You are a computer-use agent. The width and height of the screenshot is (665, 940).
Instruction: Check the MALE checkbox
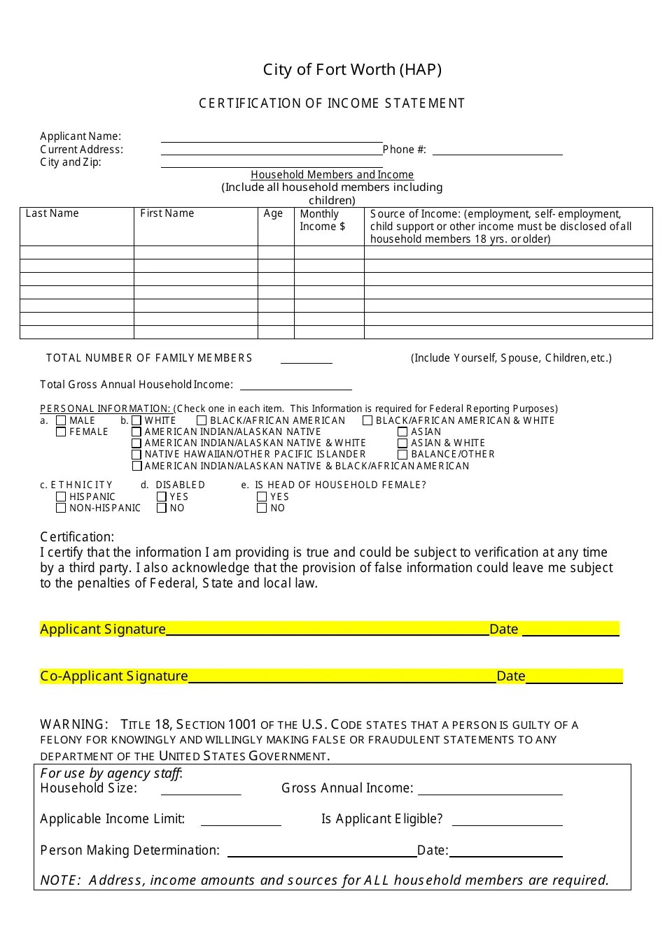point(61,420)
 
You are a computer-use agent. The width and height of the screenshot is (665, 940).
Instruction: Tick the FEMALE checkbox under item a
point(61,432)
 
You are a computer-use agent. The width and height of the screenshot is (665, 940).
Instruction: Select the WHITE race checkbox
point(136,420)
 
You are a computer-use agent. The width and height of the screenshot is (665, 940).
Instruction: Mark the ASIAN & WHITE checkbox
point(402,443)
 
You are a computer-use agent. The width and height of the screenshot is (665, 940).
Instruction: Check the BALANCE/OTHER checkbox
point(402,455)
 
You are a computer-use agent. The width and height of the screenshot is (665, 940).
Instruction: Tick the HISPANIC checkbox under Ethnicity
point(61,497)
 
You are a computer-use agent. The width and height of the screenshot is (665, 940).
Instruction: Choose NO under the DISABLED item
point(162,508)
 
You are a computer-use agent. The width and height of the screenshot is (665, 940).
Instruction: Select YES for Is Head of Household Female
point(262,497)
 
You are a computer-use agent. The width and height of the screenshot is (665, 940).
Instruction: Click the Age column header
point(273,214)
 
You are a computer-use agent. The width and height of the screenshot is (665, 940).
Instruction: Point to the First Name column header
point(167,214)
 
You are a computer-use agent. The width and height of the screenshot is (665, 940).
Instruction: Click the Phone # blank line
point(497,151)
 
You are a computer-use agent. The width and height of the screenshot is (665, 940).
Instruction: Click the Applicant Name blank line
point(272,138)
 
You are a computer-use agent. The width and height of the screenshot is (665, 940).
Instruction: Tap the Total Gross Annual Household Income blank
point(295,386)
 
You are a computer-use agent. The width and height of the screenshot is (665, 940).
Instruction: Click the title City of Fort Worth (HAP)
point(352,69)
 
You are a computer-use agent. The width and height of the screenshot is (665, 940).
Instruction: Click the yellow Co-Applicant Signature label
point(114,676)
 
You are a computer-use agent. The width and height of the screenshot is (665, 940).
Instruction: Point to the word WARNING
point(73,725)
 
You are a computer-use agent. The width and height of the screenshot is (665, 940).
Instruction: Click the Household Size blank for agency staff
point(201,791)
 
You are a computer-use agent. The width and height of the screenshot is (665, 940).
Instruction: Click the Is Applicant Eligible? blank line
point(507,822)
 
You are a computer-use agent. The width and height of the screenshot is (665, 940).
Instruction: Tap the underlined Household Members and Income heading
point(332,175)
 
